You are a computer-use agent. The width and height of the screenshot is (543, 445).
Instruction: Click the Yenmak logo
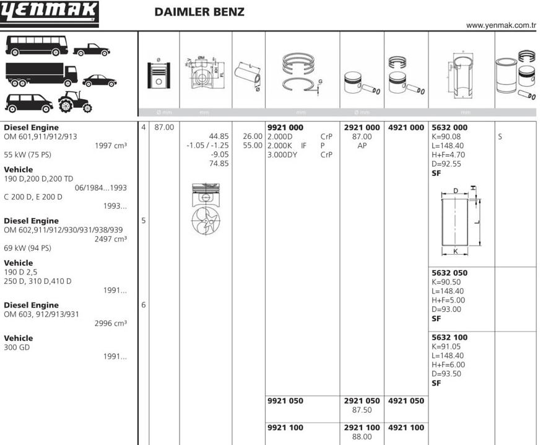tap(49, 14)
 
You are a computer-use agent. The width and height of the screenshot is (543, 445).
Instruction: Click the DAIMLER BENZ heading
tap(199, 12)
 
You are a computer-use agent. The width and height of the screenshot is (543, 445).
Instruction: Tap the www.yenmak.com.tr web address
tap(501, 25)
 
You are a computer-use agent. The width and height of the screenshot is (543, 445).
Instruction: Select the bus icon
tap(37, 45)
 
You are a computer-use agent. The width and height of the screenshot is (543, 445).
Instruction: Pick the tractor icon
tap(75, 102)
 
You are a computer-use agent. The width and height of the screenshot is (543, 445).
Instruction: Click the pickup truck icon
tap(92, 50)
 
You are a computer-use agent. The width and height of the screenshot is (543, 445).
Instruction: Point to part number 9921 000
tap(285, 128)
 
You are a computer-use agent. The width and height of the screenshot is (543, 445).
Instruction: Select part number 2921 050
tap(362, 401)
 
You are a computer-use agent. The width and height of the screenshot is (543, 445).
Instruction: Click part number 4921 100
tap(406, 428)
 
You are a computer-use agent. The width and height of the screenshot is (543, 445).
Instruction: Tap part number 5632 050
tap(450, 273)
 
